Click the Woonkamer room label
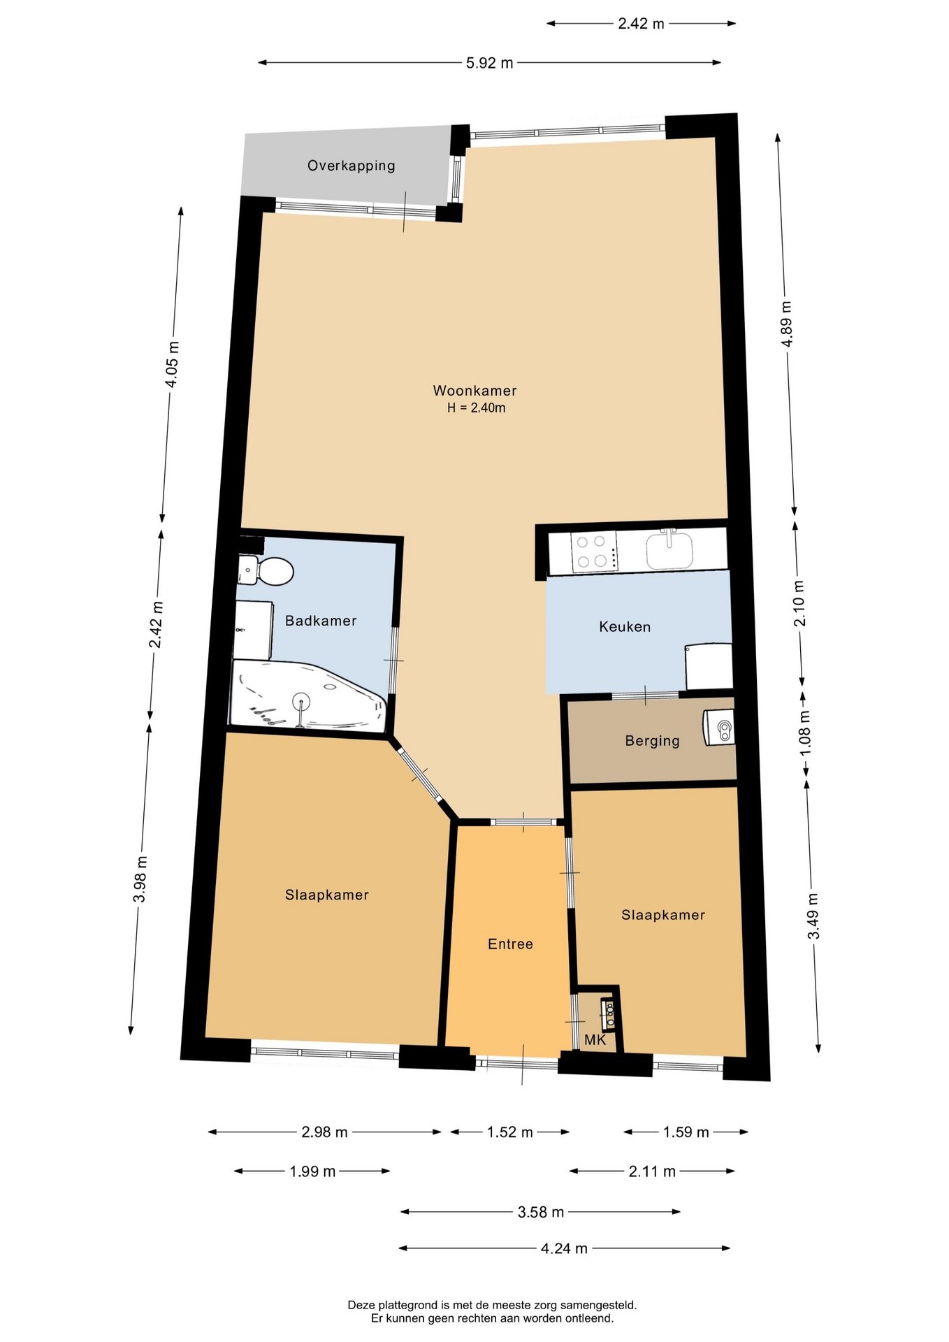[x=474, y=391]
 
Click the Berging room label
[x=652, y=741]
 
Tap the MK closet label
[x=595, y=1040]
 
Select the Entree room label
[x=510, y=944]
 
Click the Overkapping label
[x=352, y=166]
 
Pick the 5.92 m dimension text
[x=490, y=63]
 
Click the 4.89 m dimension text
[x=787, y=324]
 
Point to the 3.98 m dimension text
[x=140, y=879]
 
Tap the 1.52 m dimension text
[x=510, y=1132]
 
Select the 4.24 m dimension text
[x=564, y=1248]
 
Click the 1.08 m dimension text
[x=805, y=733]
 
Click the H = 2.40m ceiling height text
[x=477, y=408]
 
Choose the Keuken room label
[x=625, y=627]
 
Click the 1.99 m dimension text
[x=312, y=1171]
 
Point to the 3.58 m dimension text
[x=541, y=1212]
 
